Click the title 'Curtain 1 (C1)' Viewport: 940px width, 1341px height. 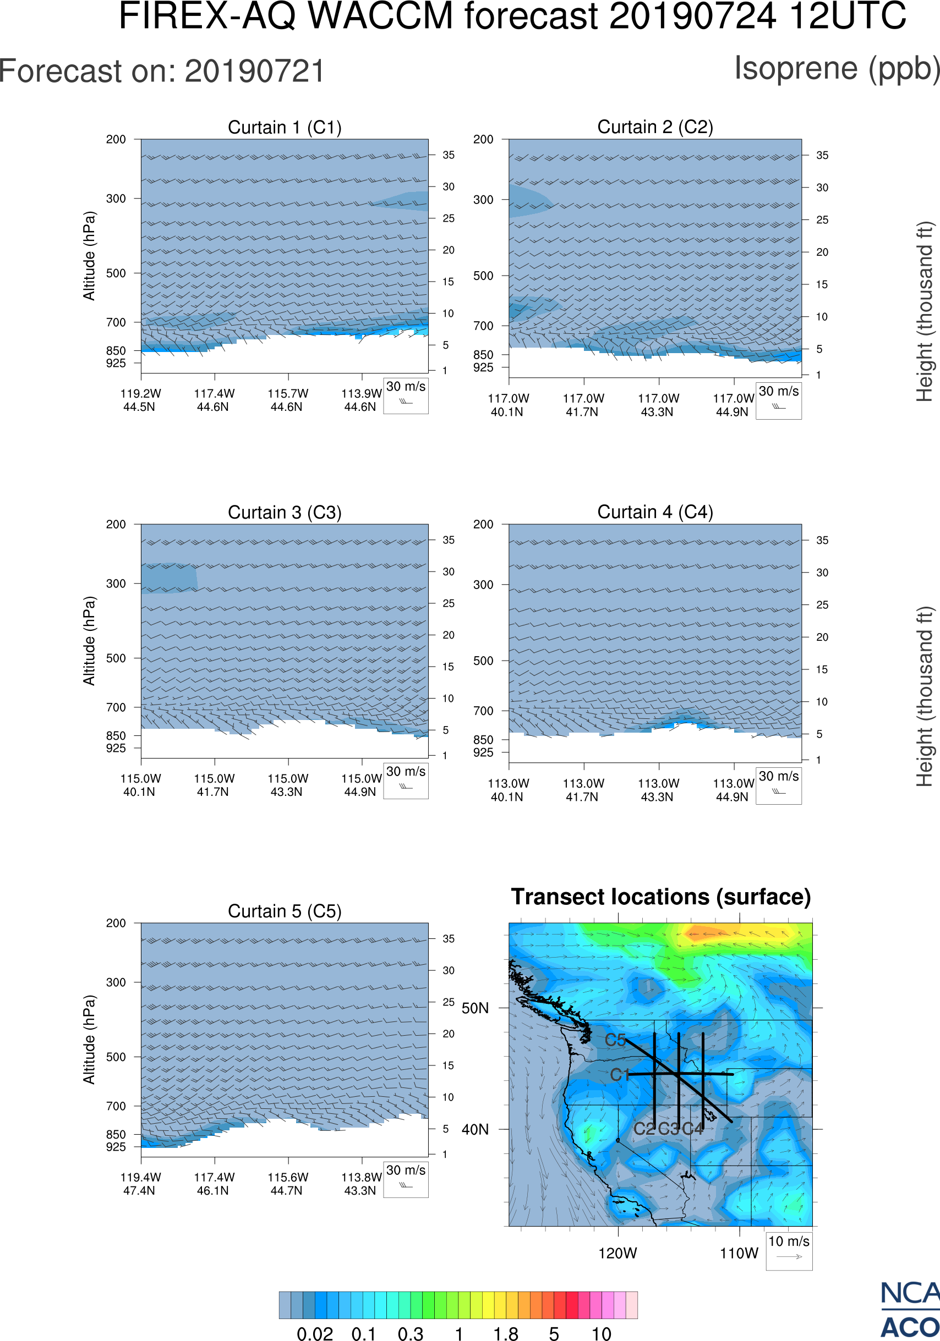coord(285,127)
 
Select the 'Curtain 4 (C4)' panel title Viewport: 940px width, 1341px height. coord(655,512)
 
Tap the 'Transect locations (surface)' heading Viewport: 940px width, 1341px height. coord(661,897)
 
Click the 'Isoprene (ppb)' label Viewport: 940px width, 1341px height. coord(837,68)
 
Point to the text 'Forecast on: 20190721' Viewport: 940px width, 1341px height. coord(162,72)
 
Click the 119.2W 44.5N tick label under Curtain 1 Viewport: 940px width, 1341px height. coord(140,400)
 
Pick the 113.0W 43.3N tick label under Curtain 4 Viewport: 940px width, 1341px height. coord(658,790)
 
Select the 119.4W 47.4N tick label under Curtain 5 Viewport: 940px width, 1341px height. coord(140,1184)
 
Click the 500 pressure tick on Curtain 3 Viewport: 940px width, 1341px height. coord(116,658)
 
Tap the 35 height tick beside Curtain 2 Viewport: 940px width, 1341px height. coord(822,155)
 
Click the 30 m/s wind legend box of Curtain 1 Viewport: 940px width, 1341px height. coord(406,396)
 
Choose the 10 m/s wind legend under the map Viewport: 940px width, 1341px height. coord(789,1250)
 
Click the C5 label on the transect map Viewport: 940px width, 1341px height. coord(615,1040)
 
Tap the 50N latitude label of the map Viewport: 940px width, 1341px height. coord(475,1008)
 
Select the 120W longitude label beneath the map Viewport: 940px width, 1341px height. coord(617,1253)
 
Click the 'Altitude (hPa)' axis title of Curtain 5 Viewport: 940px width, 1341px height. coord(89,1039)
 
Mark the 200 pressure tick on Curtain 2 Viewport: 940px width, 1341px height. coord(483,140)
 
